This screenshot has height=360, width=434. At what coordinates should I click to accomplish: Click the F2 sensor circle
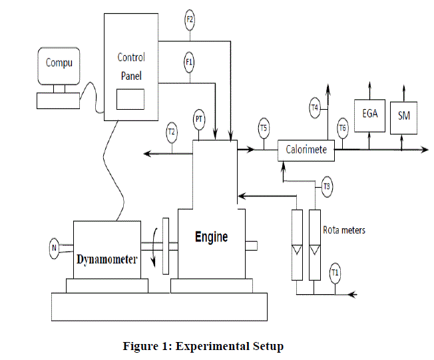[190, 20]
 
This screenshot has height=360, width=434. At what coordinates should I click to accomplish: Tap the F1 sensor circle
[190, 63]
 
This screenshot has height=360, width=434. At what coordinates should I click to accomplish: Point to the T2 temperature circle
[172, 132]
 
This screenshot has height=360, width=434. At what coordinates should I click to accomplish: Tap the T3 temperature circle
[326, 186]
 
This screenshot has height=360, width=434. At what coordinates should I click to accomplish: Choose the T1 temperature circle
[335, 271]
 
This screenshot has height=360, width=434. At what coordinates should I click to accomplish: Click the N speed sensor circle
[54, 249]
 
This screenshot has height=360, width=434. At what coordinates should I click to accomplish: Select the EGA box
[370, 113]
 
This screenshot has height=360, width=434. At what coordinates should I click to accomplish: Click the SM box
[404, 116]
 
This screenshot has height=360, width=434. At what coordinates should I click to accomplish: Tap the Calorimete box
[306, 150]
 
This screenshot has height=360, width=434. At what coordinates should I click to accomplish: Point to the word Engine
[211, 237]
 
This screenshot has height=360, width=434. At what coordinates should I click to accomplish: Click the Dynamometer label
[107, 259]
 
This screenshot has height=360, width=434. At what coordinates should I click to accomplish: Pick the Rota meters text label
[344, 230]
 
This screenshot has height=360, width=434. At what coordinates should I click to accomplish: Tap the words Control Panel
[131, 67]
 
